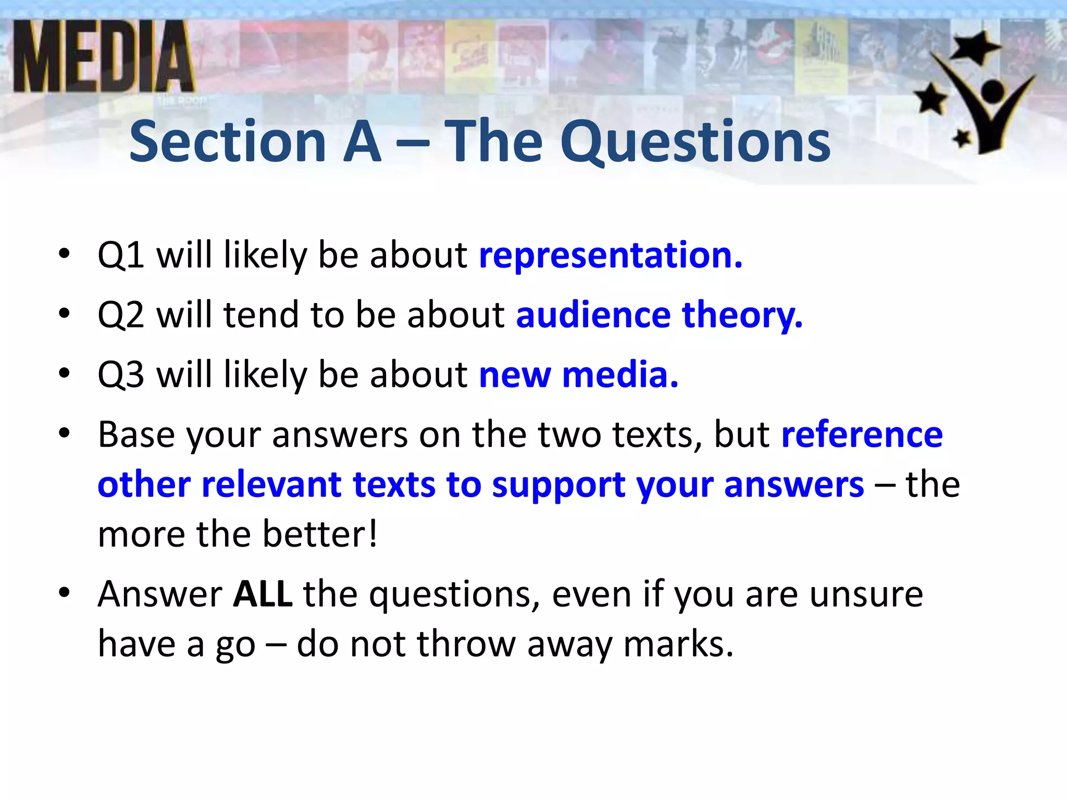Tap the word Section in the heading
pos(228,142)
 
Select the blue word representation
pos(610,256)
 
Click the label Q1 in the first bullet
pos(121,256)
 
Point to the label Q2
pos(121,315)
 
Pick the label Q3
pos(121,375)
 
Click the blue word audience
pos(593,315)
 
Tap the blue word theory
pos(742,316)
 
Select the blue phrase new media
pos(578,375)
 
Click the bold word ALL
pos(263,594)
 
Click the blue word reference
pos(862,435)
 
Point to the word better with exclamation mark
pos(320,534)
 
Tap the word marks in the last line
pos(677,644)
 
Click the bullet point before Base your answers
pos(64,433)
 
